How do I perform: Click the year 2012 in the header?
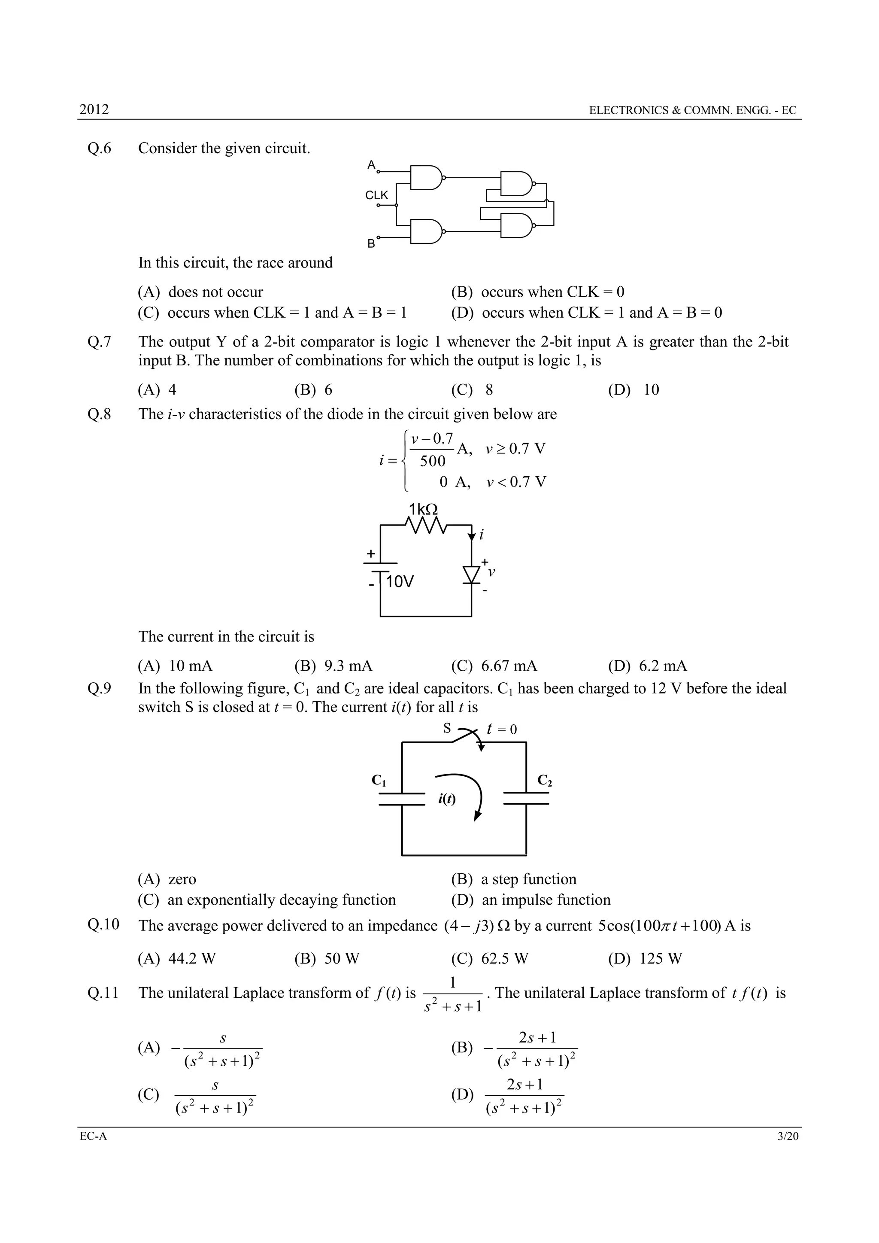pos(94,109)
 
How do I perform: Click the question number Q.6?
pos(99,148)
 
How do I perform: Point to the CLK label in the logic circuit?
pos(377,195)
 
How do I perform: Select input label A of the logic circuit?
pos(371,164)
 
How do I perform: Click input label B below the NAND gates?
pos(371,243)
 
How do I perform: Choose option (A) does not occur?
pos(200,292)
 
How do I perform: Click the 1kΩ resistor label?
pos(423,509)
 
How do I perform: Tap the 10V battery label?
pos(400,582)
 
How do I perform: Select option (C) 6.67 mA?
pos(494,666)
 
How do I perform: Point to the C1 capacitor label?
pos(379,780)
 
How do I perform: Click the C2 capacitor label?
pos(545,780)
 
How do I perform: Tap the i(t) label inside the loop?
pos(447,799)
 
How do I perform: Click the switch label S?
pos(447,728)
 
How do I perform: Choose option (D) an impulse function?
pos(530,900)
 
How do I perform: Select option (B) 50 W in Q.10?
pos(327,959)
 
